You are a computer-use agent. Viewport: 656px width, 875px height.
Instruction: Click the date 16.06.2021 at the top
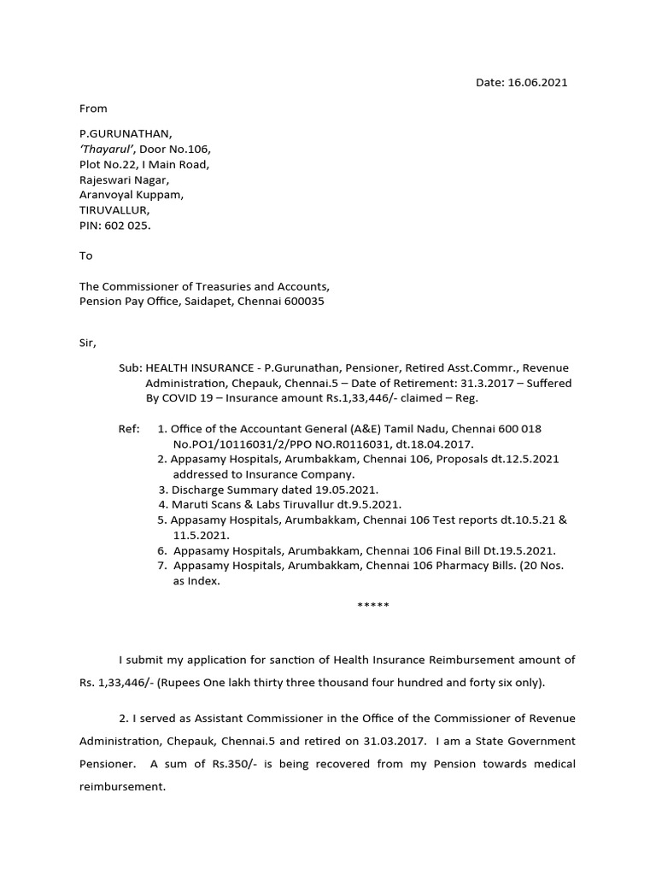[538, 83]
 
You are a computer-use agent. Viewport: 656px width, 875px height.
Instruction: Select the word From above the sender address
[93, 109]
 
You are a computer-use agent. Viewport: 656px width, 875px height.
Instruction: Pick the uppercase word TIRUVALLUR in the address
[114, 209]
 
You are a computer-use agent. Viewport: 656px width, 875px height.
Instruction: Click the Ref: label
[129, 428]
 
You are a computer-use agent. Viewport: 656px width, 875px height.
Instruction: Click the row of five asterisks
[372, 606]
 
